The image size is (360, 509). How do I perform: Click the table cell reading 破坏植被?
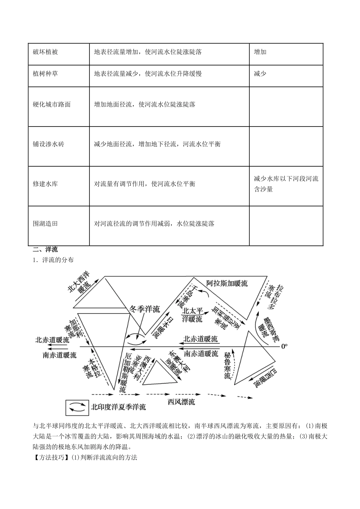tap(45, 52)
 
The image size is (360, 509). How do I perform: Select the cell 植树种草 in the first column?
tap(45, 73)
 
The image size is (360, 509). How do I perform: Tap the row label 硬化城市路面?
tap(52, 104)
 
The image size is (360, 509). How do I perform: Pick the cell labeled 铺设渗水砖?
tap(49, 144)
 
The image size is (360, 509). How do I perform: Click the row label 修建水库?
tap(45, 184)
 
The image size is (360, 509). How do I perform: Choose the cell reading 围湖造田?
tap(45, 223)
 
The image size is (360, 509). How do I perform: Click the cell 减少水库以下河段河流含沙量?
tap(286, 184)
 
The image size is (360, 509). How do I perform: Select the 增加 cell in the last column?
tap(260, 52)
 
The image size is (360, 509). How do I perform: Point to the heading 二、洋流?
tap(45, 250)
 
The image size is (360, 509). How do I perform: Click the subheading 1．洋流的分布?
tap(53, 260)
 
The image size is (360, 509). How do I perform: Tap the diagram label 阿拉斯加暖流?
tap(227, 283)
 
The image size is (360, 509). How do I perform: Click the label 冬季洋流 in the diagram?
tap(145, 309)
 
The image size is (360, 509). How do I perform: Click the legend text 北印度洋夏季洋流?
tap(118, 408)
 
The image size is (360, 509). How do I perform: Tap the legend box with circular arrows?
tap(77, 408)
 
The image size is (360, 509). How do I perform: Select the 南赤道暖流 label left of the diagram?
tap(59, 355)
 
